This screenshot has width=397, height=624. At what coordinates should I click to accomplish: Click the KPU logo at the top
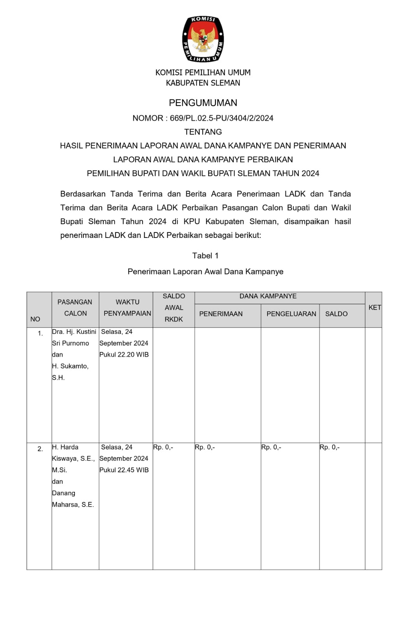click(203, 39)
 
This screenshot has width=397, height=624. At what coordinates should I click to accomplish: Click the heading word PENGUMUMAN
click(203, 103)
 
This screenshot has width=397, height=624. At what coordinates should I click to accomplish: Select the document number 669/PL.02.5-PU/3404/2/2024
click(222, 118)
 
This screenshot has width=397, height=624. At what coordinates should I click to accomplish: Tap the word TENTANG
click(203, 132)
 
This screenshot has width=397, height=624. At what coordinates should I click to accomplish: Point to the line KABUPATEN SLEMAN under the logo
click(203, 83)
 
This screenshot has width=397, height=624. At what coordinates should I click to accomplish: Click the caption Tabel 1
click(205, 256)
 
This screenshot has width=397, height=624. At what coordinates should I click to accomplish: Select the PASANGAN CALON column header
click(75, 308)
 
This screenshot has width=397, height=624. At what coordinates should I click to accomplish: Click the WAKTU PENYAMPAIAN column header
click(127, 308)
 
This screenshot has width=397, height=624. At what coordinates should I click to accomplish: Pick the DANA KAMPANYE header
click(268, 296)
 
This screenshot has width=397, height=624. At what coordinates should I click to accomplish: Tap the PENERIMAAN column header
click(221, 314)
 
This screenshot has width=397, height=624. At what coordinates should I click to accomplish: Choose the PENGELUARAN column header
click(291, 314)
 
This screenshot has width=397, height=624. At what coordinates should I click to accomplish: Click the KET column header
click(374, 308)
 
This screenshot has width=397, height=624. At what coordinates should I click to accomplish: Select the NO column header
click(35, 319)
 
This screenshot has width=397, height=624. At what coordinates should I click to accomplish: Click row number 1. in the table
click(40, 333)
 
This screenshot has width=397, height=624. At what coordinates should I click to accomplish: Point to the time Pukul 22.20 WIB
click(124, 355)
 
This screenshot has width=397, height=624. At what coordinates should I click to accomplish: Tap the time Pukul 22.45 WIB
click(124, 470)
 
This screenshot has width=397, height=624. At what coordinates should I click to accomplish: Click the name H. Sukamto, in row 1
click(70, 366)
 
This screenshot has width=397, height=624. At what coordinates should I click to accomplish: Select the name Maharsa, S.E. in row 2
click(73, 505)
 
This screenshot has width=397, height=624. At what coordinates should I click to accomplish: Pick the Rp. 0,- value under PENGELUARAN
click(271, 447)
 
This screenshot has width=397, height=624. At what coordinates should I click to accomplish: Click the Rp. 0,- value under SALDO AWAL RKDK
click(163, 447)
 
